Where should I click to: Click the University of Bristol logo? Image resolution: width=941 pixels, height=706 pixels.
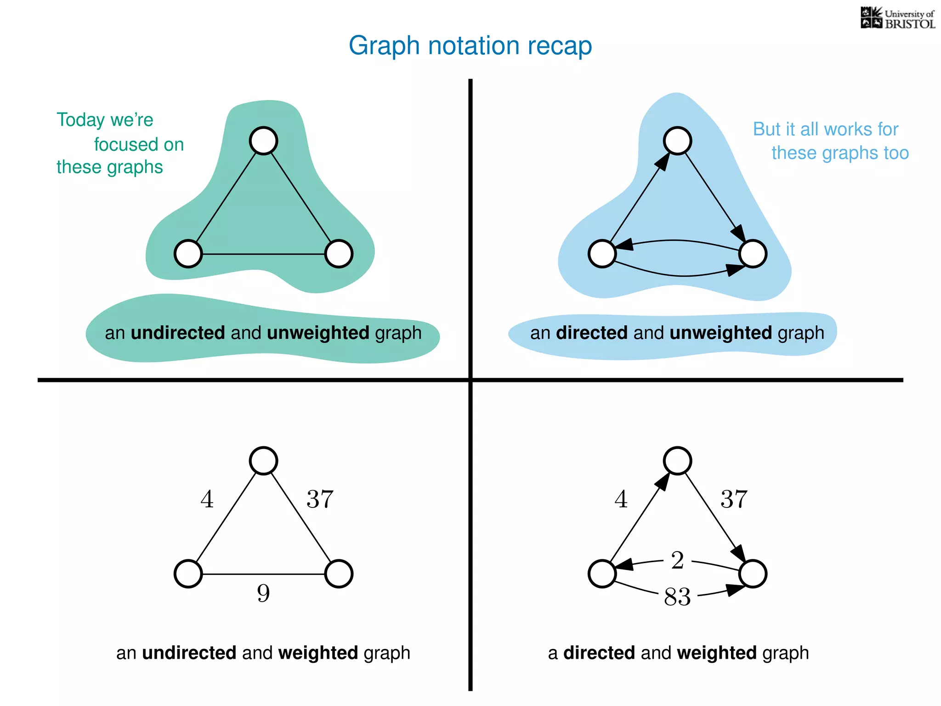(897, 18)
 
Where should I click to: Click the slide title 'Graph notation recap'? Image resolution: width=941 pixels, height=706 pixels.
(470, 46)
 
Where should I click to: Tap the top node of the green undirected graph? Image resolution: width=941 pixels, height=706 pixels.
(263, 141)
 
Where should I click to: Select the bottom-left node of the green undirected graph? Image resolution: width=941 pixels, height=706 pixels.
(188, 254)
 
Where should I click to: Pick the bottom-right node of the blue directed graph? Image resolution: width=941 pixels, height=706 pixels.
(753, 254)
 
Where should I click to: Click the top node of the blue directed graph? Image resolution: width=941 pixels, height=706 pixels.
(678, 141)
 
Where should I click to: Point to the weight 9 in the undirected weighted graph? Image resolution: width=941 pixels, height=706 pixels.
(263, 593)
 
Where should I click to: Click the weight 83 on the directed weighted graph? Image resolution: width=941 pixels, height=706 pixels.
(677, 597)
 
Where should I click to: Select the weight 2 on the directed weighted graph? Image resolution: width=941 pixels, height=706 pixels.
(677, 560)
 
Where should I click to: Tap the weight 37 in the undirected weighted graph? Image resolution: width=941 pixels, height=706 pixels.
(320, 499)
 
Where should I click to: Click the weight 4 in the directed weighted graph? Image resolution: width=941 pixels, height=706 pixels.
(621, 499)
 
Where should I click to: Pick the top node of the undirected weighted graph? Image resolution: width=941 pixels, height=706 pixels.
(263, 461)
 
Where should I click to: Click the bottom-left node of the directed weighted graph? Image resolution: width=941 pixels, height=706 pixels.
(602, 574)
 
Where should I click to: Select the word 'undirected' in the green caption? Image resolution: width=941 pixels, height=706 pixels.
(178, 333)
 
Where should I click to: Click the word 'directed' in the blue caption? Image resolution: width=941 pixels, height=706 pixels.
(591, 333)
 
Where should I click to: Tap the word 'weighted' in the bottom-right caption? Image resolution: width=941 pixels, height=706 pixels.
(716, 653)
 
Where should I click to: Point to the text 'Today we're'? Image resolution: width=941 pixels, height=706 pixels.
(105, 120)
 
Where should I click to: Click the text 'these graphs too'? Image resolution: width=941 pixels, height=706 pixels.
(840, 153)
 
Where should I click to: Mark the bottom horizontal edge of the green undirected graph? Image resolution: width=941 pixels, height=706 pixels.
(263, 254)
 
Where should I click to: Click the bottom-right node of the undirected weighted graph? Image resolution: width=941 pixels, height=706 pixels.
(339, 574)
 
